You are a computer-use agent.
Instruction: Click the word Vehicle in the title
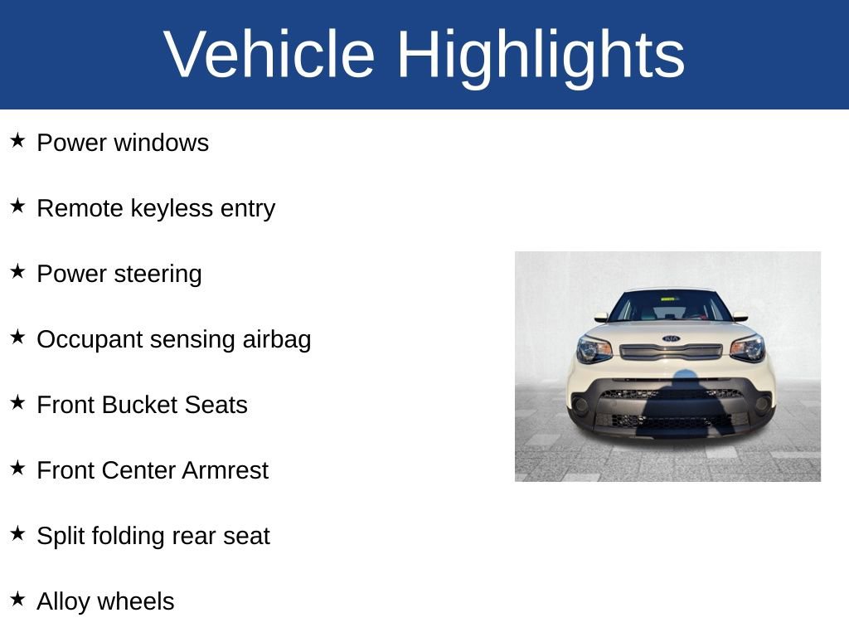click(269, 55)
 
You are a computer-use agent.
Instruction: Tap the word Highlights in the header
click(541, 55)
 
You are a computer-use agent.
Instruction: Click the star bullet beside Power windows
click(18, 140)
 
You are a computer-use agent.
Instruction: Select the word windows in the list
click(161, 143)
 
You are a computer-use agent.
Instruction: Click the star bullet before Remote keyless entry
click(18, 206)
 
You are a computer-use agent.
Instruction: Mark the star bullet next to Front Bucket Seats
click(18, 402)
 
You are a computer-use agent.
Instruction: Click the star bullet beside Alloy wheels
click(18, 599)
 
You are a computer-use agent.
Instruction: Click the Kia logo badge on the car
click(671, 338)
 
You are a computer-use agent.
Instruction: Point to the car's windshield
click(670, 307)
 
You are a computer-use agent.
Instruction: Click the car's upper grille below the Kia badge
click(671, 352)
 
